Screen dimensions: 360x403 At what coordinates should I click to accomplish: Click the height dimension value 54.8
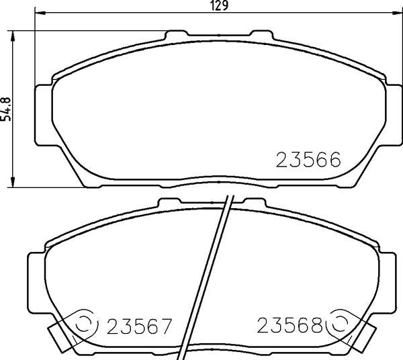click(x=8, y=106)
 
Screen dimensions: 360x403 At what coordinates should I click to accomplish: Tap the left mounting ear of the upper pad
click(x=43, y=114)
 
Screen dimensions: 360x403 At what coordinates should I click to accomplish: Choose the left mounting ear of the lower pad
click(x=36, y=282)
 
